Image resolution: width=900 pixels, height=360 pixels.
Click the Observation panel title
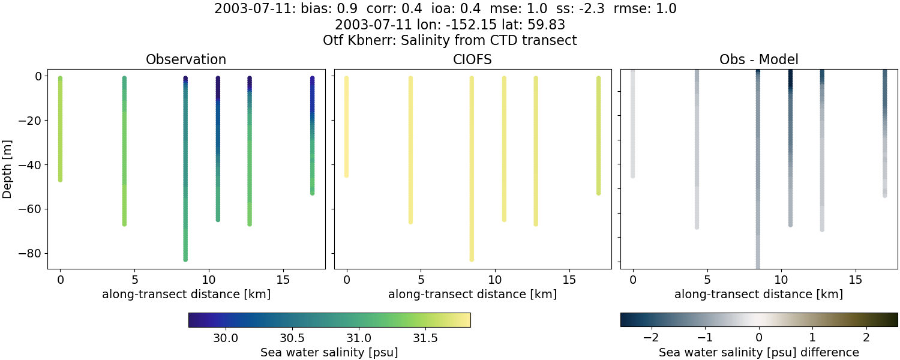pyautogui.click(x=186, y=59)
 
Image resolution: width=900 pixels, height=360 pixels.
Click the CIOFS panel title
pyautogui.click(x=472, y=59)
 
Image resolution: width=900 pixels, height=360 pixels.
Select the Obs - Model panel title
pyautogui.click(x=758, y=59)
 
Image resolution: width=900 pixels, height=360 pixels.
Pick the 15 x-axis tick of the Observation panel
pyautogui.click(x=283, y=279)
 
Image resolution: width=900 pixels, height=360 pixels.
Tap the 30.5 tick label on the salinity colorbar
pyautogui.click(x=292, y=338)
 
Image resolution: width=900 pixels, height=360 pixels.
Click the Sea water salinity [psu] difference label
pyautogui.click(x=758, y=352)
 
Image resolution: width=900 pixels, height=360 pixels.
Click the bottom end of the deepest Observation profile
pyautogui.click(x=185, y=259)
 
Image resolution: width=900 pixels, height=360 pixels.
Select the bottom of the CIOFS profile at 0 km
pyautogui.click(x=346, y=175)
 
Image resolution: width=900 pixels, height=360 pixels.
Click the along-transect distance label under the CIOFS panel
pyautogui.click(x=472, y=294)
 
